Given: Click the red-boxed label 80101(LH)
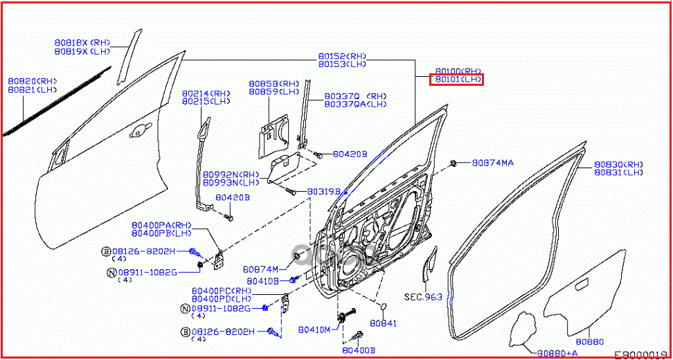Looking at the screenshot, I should [x=458, y=80].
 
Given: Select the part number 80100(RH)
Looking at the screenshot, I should [x=458, y=71].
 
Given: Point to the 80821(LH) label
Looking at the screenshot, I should [x=32, y=89].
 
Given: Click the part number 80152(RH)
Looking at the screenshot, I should [x=342, y=56].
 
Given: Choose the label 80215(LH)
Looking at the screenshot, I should [x=206, y=101].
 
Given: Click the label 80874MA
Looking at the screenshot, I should [x=493, y=163].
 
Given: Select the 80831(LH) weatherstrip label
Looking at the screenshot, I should [x=618, y=172].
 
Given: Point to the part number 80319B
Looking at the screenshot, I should [x=324, y=190].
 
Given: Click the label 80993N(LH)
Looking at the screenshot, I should [x=231, y=183].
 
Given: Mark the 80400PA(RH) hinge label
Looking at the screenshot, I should [x=161, y=225].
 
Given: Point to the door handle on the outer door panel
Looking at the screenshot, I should [x=142, y=128].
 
